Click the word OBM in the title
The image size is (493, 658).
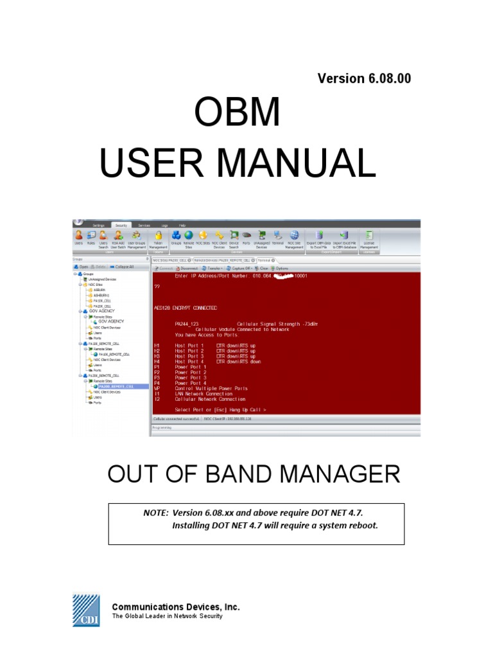(x=238, y=114)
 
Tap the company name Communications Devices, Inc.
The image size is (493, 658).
(x=176, y=607)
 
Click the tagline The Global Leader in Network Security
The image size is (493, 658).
(x=168, y=616)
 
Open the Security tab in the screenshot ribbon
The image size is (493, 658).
(x=121, y=226)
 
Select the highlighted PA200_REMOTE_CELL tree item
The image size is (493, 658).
(x=116, y=386)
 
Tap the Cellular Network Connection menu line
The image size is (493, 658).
(x=204, y=398)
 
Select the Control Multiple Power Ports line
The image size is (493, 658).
(x=211, y=389)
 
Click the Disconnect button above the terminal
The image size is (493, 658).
(x=186, y=268)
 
